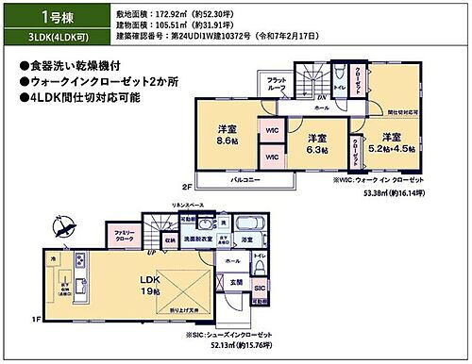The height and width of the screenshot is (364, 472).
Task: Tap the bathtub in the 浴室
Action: point(248,225)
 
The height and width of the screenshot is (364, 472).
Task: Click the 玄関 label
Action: point(236,281)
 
